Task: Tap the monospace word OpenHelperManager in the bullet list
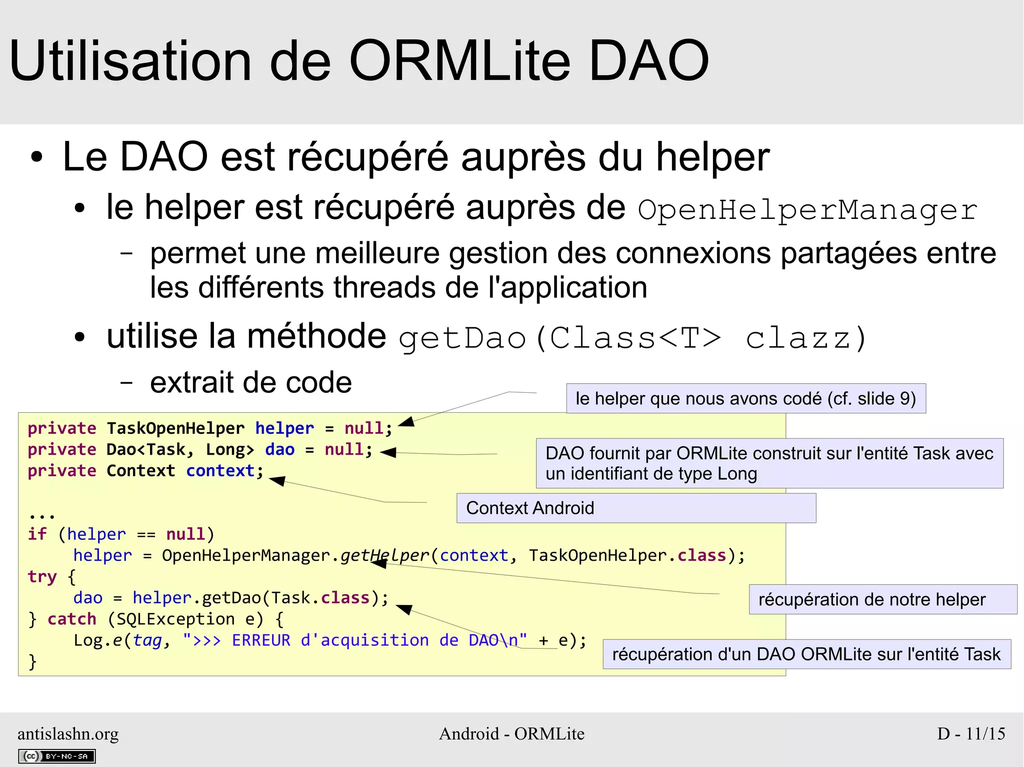click(807, 210)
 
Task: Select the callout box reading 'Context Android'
click(636, 508)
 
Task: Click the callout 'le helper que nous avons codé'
click(745, 399)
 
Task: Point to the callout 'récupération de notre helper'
click(882, 600)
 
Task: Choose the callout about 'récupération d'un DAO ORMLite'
click(806, 654)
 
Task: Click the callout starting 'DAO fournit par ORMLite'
click(769, 463)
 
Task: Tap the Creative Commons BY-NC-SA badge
click(56, 756)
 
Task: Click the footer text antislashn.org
click(68, 734)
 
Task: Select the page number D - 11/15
click(970, 734)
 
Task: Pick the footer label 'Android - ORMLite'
click(511, 734)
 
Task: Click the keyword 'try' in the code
click(42, 577)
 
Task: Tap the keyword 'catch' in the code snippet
click(71, 619)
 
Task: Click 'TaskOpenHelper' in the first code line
click(175, 428)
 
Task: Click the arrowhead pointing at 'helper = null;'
click(407, 422)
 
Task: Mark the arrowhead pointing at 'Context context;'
click(277, 481)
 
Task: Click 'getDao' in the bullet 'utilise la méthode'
click(462, 339)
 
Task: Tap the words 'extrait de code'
click(251, 383)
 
